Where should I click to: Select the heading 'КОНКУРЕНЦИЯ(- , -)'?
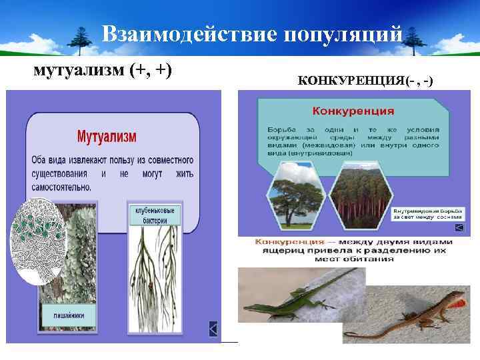click(x=365, y=81)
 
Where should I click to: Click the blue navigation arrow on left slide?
click(x=213, y=328)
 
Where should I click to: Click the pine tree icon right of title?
click(x=416, y=40)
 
